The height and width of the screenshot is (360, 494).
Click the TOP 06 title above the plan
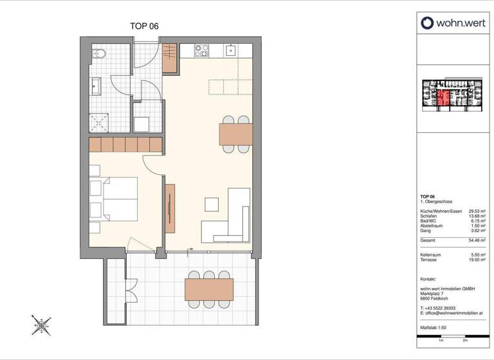click(x=145, y=26)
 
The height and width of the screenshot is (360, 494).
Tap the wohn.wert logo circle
click(x=428, y=24)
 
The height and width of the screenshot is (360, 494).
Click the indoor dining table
click(x=236, y=134)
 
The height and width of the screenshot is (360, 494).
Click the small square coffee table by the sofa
click(x=212, y=204)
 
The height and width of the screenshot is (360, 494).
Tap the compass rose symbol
click(x=42, y=325)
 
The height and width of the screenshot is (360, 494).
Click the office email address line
click(x=451, y=312)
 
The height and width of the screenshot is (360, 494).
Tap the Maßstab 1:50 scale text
click(x=434, y=328)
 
